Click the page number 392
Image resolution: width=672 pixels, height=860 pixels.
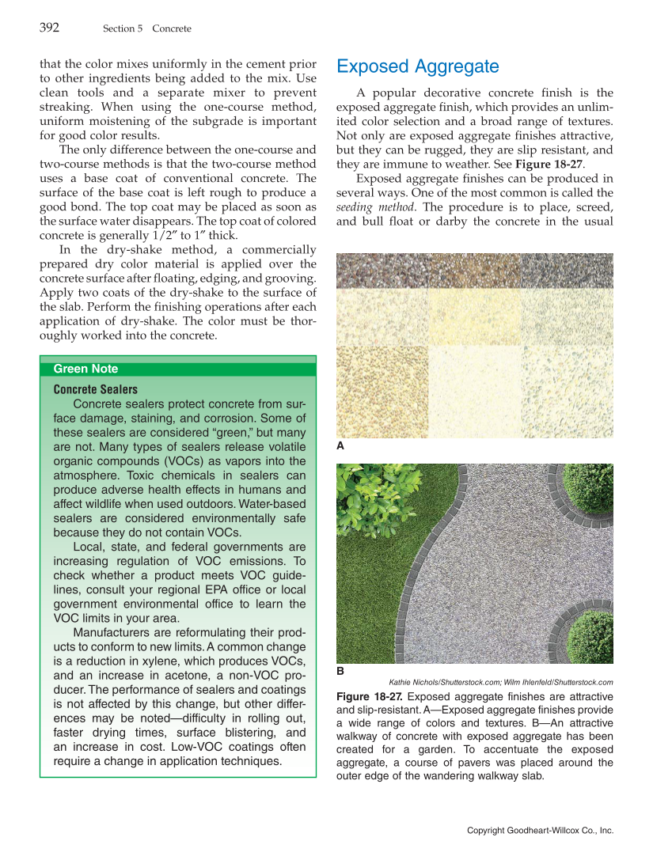[49, 28]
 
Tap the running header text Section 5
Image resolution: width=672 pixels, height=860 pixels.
[123, 28]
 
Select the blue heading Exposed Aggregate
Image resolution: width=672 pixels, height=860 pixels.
[417, 66]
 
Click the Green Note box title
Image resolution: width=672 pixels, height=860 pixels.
[85, 369]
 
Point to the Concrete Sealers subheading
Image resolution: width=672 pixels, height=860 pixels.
[95, 389]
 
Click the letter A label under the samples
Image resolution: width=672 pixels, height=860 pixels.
[340, 446]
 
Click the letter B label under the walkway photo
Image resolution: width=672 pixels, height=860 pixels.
[340, 671]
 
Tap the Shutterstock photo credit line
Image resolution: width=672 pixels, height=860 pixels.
[501, 682]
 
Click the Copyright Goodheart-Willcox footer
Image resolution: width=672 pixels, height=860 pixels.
[540, 830]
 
